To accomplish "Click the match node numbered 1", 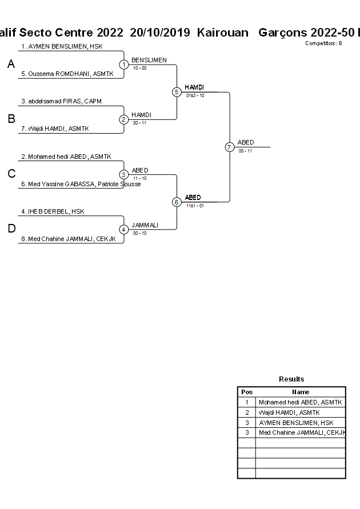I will coord(124,65).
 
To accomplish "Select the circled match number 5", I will coord(177,92).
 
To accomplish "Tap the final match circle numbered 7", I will coord(229,147).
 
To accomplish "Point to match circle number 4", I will coord(124,229).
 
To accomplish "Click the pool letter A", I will coord(11,65).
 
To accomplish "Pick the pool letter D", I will coord(11,229).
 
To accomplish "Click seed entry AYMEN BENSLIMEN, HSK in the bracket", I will coord(62,46).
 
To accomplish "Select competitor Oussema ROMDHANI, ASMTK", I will coord(67,74).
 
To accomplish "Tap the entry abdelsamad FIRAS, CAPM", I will coord(61,101).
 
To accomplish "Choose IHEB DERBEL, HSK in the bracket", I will coord(53,211).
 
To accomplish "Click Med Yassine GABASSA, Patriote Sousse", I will coord(81,184).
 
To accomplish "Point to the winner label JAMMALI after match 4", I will coord(145,225).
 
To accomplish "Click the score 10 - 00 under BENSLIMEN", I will coord(139,68).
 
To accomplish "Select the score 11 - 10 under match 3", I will coord(139,178).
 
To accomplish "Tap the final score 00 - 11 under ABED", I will coord(245,151).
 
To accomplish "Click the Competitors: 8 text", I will coord(323,43).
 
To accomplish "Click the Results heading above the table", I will coord(291,379).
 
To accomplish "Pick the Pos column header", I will coord(247,392).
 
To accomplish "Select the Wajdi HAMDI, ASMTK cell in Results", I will coord(289,412).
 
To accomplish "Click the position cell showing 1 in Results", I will coord(247,402).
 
